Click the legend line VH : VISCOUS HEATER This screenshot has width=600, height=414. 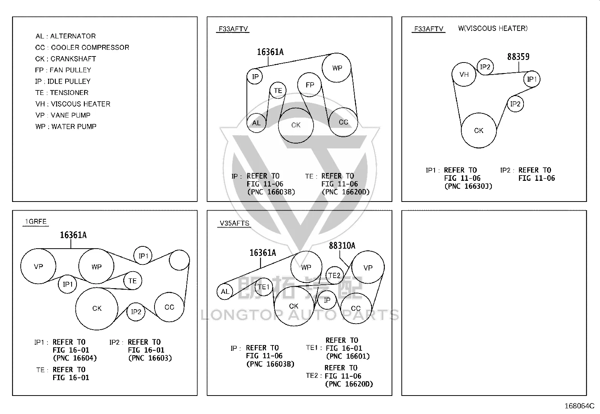click(x=73, y=104)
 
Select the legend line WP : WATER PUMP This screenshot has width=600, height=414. click(x=66, y=127)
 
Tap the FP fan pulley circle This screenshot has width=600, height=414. click(x=309, y=85)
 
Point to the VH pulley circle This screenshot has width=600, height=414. click(x=464, y=74)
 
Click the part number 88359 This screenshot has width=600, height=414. click(x=518, y=57)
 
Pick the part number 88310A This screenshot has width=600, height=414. click(x=342, y=246)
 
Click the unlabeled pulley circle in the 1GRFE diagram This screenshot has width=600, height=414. click(x=179, y=260)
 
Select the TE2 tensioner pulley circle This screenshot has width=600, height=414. click(x=334, y=275)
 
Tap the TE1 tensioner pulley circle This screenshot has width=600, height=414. click(x=263, y=287)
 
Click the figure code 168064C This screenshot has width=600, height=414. click(x=579, y=406)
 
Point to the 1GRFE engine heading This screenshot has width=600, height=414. click(x=36, y=222)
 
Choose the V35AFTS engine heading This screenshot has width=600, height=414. click(x=234, y=223)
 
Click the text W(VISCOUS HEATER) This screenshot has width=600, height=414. click(x=493, y=28)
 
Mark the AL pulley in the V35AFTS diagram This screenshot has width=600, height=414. click(x=225, y=291)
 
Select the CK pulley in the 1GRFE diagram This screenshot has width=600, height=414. click(x=97, y=309)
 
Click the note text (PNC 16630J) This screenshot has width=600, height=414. click(x=468, y=186)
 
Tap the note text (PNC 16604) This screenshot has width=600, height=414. click(x=75, y=358)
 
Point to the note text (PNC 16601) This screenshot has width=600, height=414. click(x=348, y=356)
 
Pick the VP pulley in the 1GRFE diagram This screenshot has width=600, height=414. click(x=38, y=266)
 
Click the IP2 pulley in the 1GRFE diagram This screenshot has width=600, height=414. click(x=136, y=312)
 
